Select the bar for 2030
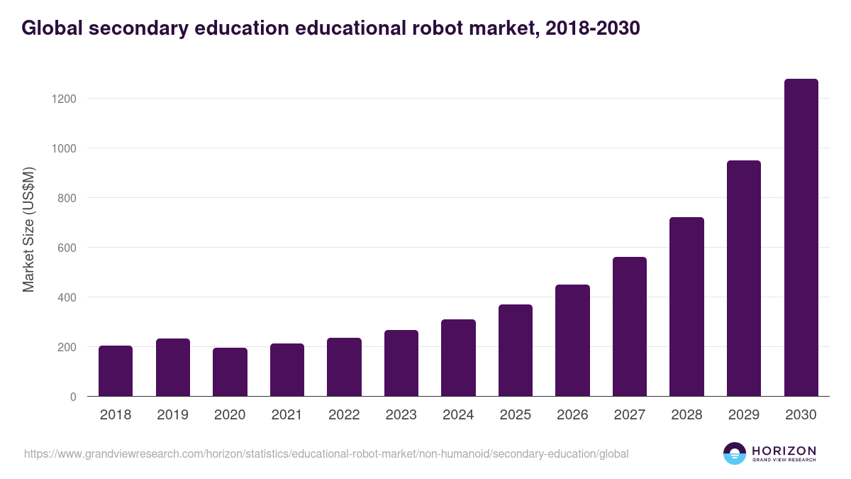coord(801,238)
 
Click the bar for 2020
coord(230,372)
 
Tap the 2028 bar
coord(686,307)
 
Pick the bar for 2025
coord(515,351)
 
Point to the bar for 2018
coord(116,371)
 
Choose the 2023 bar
coord(401,363)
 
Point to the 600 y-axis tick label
coord(67,248)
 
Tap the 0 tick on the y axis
coord(73,397)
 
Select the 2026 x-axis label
coord(572,415)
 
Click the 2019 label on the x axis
coord(172,415)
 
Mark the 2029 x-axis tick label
coord(743,415)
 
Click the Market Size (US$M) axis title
coord(28,230)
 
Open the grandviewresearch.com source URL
coord(326,453)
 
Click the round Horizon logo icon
coord(735,453)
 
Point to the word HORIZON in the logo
coord(784,451)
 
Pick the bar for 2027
coord(629,326)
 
